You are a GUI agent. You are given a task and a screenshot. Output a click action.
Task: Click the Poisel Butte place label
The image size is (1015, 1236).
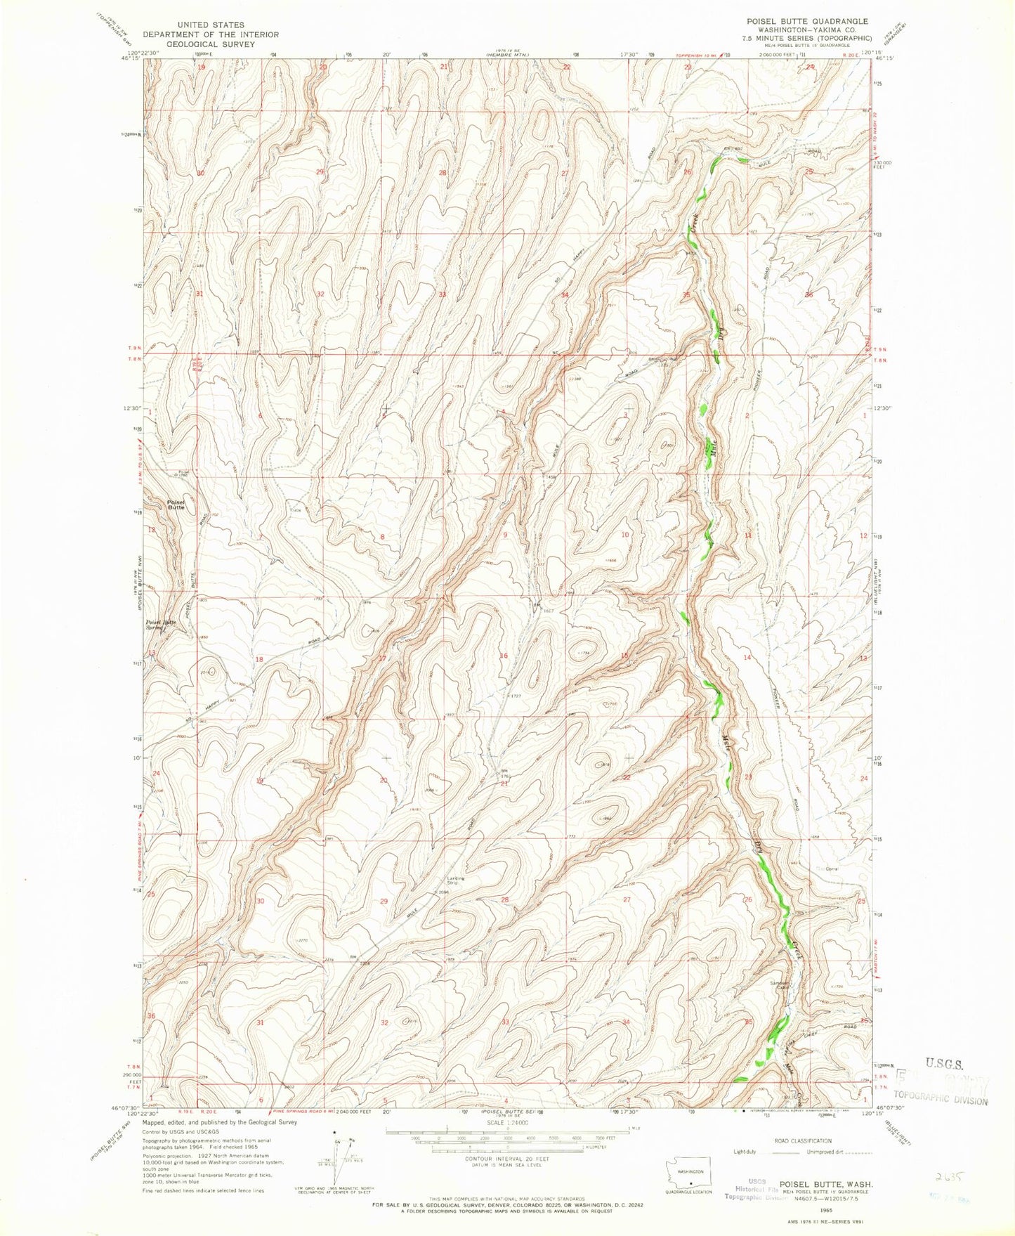click(176, 504)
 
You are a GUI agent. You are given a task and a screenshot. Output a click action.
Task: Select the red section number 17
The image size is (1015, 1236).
click(383, 658)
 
